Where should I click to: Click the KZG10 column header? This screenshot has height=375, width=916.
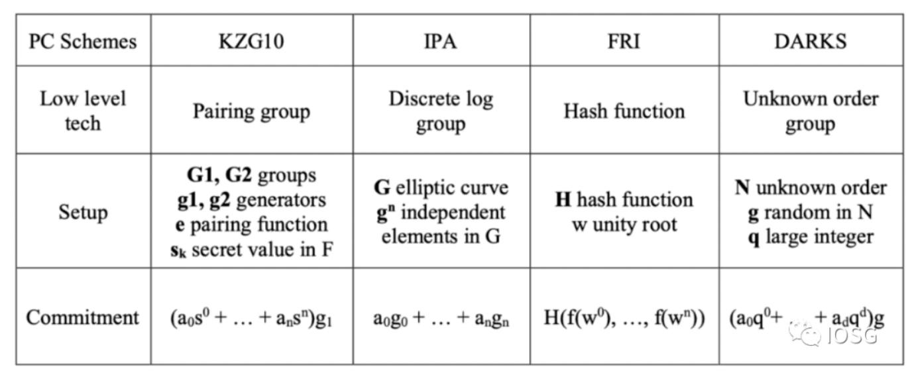pos(251,42)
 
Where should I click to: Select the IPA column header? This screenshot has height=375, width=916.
pos(441,42)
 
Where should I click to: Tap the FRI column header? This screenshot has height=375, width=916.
pos(624,42)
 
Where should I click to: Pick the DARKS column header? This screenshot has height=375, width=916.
pos(810,42)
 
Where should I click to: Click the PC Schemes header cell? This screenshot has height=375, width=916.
pos(83,42)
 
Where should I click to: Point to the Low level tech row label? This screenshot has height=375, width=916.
pos(83,111)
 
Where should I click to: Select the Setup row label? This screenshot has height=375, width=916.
pos(83,212)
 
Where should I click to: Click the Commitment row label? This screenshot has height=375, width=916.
pos(83,317)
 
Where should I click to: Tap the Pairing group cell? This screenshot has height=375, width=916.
pos(251,111)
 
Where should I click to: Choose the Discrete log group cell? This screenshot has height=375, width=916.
pos(441,111)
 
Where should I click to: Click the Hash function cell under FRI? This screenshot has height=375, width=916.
pos(624,111)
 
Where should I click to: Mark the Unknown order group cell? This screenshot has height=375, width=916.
pos(810,111)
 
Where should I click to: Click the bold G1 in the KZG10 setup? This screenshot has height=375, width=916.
pos(198,175)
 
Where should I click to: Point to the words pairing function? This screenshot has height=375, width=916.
pos(258,224)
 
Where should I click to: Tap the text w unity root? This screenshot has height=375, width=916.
pos(624,225)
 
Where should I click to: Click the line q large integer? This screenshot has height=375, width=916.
pos(810,237)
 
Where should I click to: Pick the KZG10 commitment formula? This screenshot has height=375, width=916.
pos(251,317)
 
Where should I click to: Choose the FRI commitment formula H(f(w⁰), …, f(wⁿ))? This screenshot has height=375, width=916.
pos(624,317)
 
